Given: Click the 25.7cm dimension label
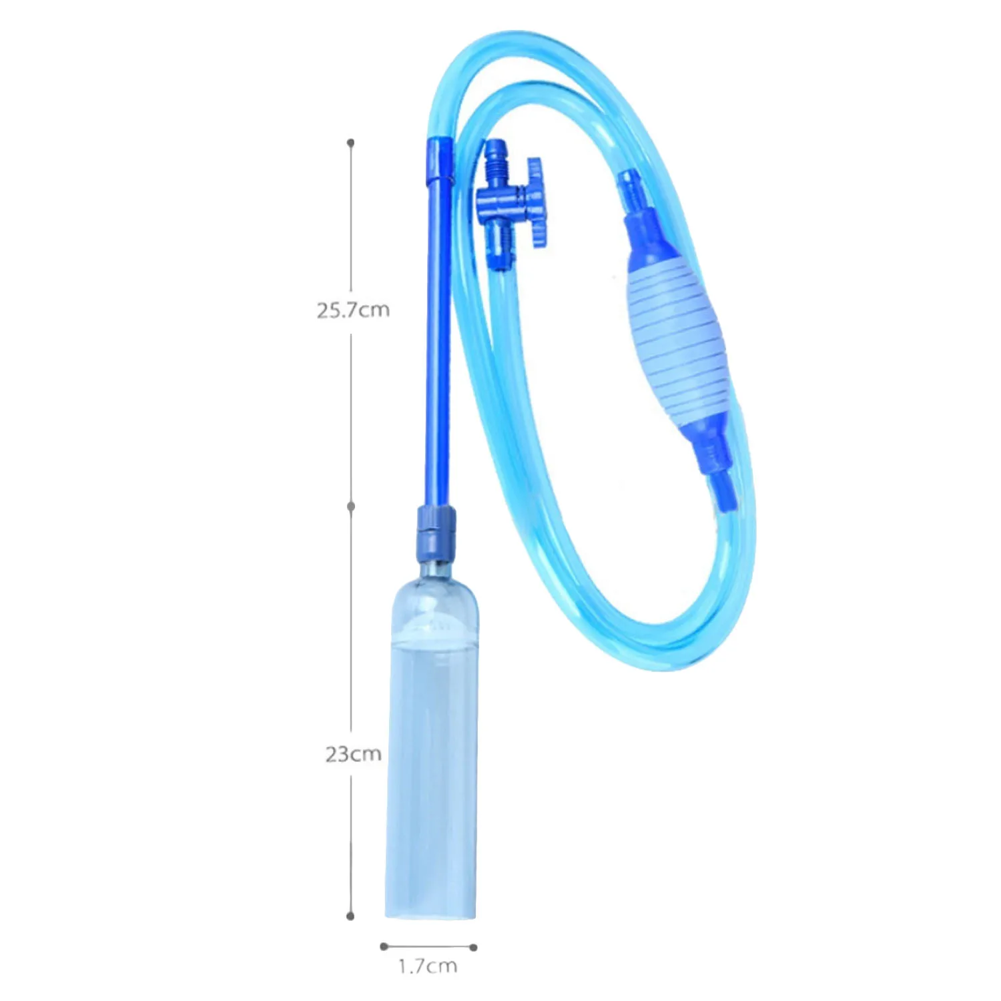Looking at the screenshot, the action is point(352,310).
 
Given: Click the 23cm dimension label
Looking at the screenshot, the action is point(353,754).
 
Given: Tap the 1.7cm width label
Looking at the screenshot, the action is point(428,966).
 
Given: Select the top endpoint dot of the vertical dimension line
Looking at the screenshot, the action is point(350,143).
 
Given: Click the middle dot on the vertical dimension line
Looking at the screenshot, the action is point(351,507).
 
